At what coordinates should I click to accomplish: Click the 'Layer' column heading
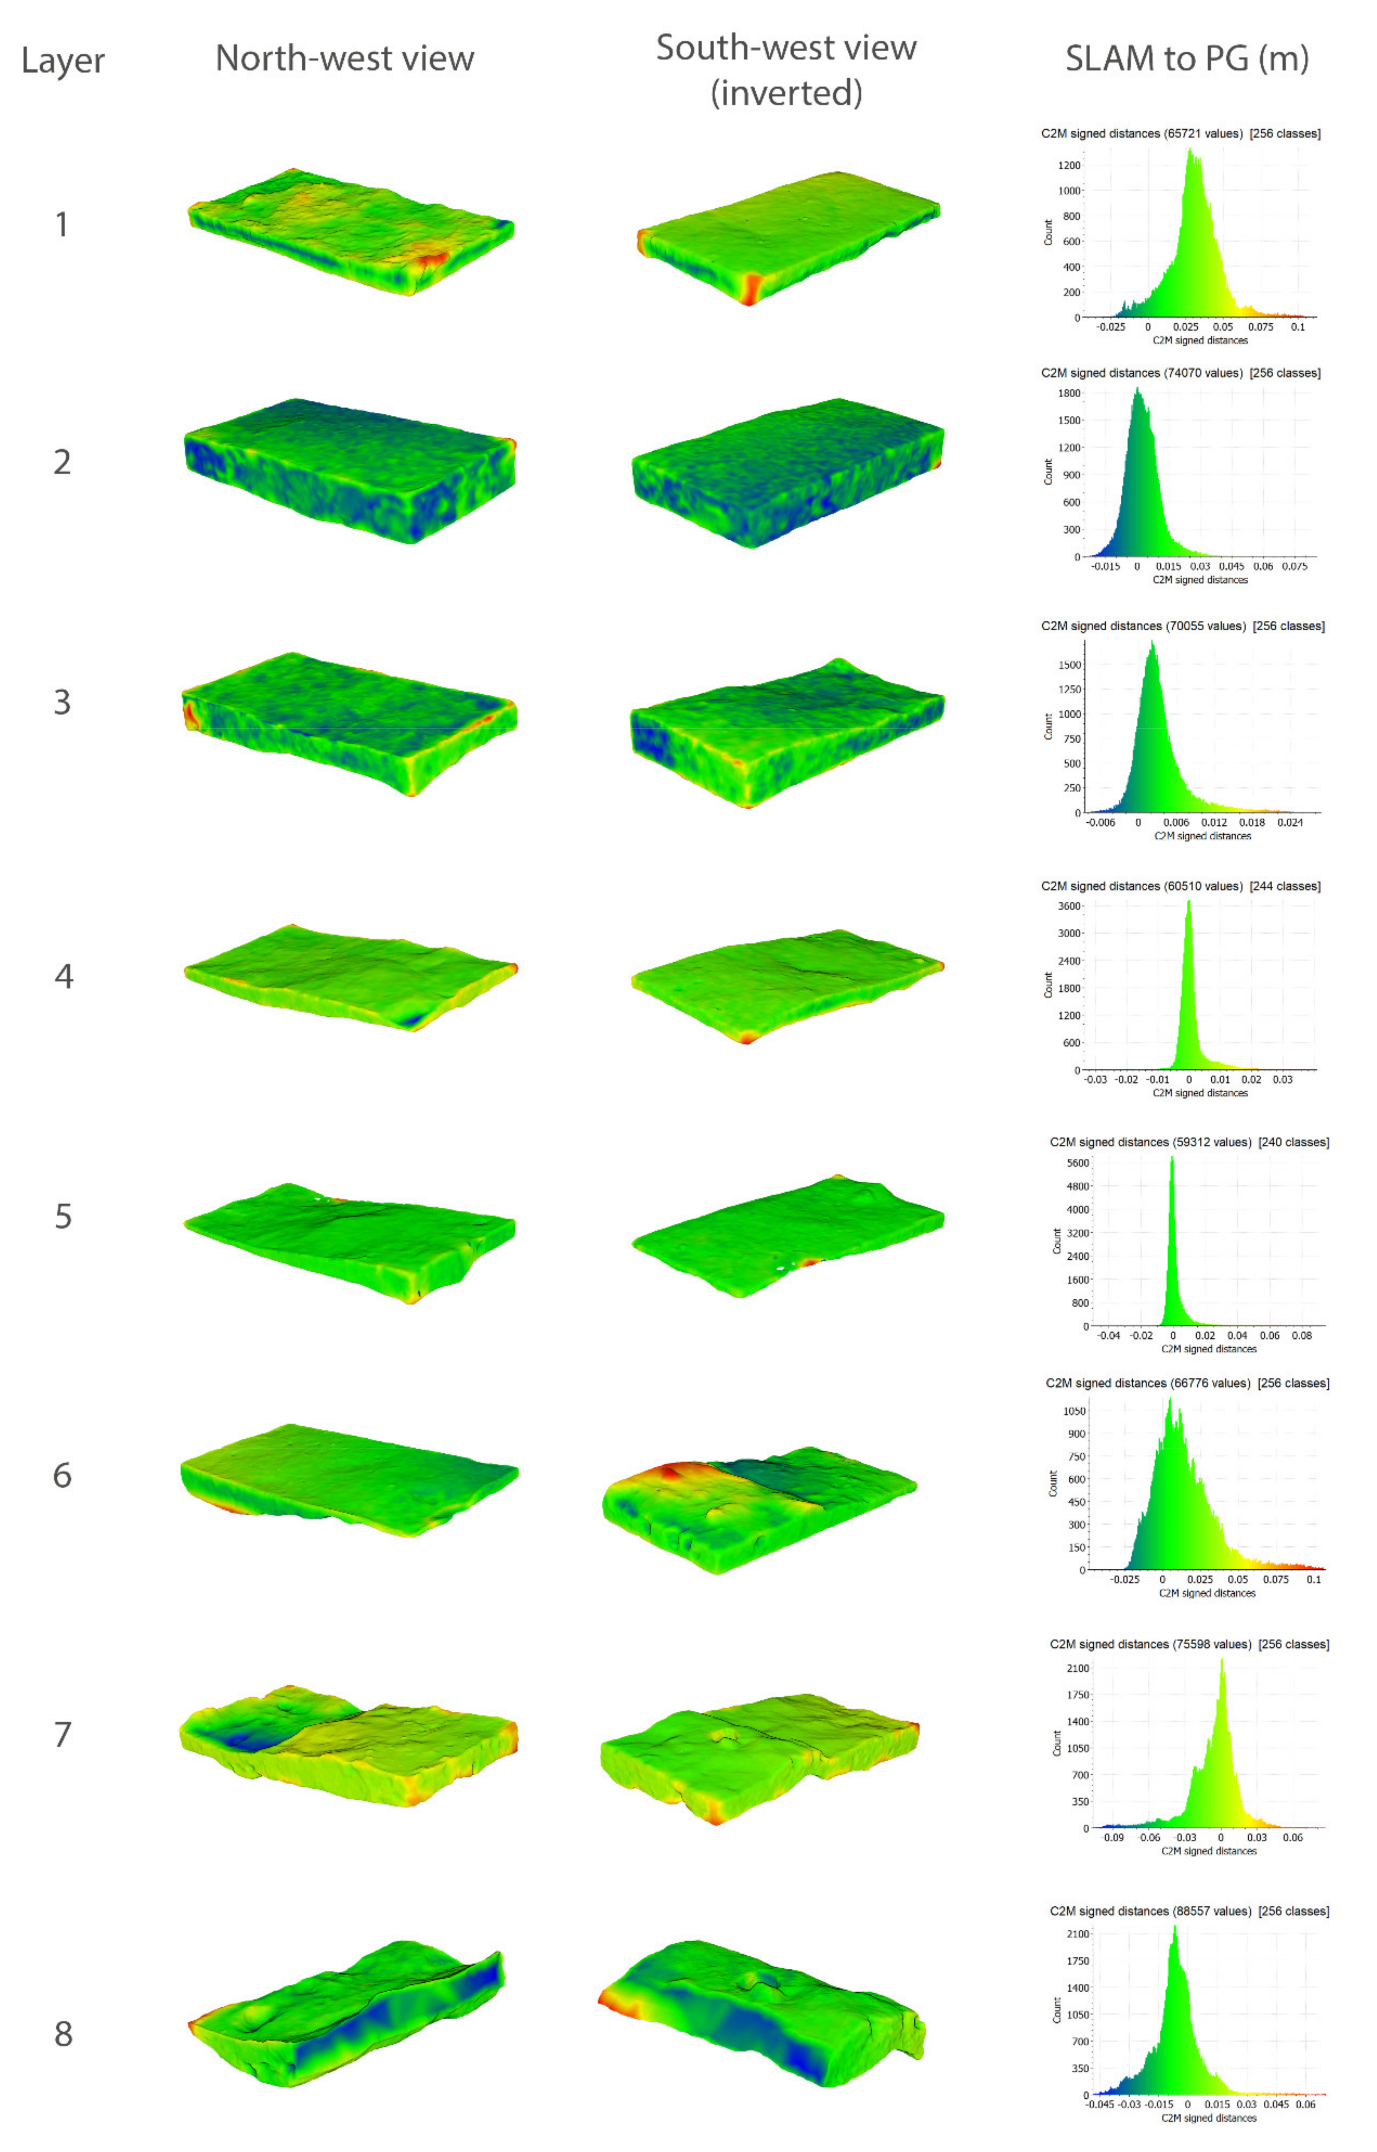coord(63,61)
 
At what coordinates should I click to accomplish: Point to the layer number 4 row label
coord(64,976)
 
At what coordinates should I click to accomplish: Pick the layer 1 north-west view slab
coord(351,231)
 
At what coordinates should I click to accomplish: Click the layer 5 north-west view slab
coord(349,1239)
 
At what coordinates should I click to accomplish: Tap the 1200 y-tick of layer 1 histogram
coord(1069,165)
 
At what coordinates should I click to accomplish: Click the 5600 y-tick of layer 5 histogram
coord(1077,1163)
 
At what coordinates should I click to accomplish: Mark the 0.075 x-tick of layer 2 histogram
coord(1294,566)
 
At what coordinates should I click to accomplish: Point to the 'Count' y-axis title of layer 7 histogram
coord(1057,1742)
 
